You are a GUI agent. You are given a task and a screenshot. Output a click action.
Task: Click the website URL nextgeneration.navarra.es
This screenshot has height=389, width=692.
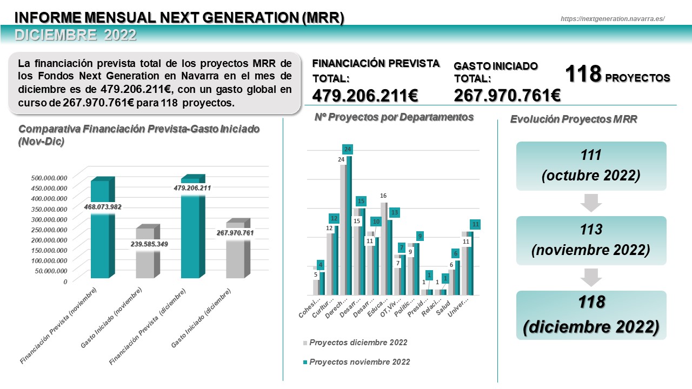pyautogui.click(x=613, y=18)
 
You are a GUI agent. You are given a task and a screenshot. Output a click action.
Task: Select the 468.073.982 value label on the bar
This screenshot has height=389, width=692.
pyautogui.click(x=103, y=206)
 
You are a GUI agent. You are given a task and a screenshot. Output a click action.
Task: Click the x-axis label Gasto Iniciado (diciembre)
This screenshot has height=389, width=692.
pyautogui.click(x=201, y=319)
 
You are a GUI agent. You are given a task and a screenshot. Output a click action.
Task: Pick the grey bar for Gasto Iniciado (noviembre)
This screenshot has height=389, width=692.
pyautogui.click(x=145, y=259)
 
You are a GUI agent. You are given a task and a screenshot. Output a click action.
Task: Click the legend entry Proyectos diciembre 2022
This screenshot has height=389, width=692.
pyautogui.click(x=358, y=343)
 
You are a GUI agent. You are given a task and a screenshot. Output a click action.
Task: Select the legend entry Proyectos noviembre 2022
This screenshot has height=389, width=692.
pyautogui.click(x=359, y=362)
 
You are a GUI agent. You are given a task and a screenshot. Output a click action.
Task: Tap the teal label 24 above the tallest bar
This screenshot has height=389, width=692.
pyautogui.click(x=348, y=149)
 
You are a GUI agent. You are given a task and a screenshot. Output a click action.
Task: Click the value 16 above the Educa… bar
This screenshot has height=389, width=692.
pyautogui.click(x=383, y=196)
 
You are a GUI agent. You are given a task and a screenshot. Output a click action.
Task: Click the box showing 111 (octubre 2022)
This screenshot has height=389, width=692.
pyautogui.click(x=591, y=166)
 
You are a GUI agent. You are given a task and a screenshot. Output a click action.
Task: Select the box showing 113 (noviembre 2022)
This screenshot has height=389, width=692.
pyautogui.click(x=591, y=240)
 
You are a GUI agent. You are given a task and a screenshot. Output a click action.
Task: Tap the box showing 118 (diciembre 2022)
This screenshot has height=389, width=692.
pyautogui.click(x=591, y=315)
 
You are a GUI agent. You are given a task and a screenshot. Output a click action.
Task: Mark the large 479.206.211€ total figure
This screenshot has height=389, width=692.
pyautogui.click(x=365, y=96)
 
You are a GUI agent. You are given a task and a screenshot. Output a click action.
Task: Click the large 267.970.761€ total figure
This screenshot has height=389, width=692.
pyautogui.click(x=507, y=96)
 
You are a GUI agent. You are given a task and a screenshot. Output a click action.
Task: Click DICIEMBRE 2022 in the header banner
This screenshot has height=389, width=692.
pyautogui.click(x=76, y=35)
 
